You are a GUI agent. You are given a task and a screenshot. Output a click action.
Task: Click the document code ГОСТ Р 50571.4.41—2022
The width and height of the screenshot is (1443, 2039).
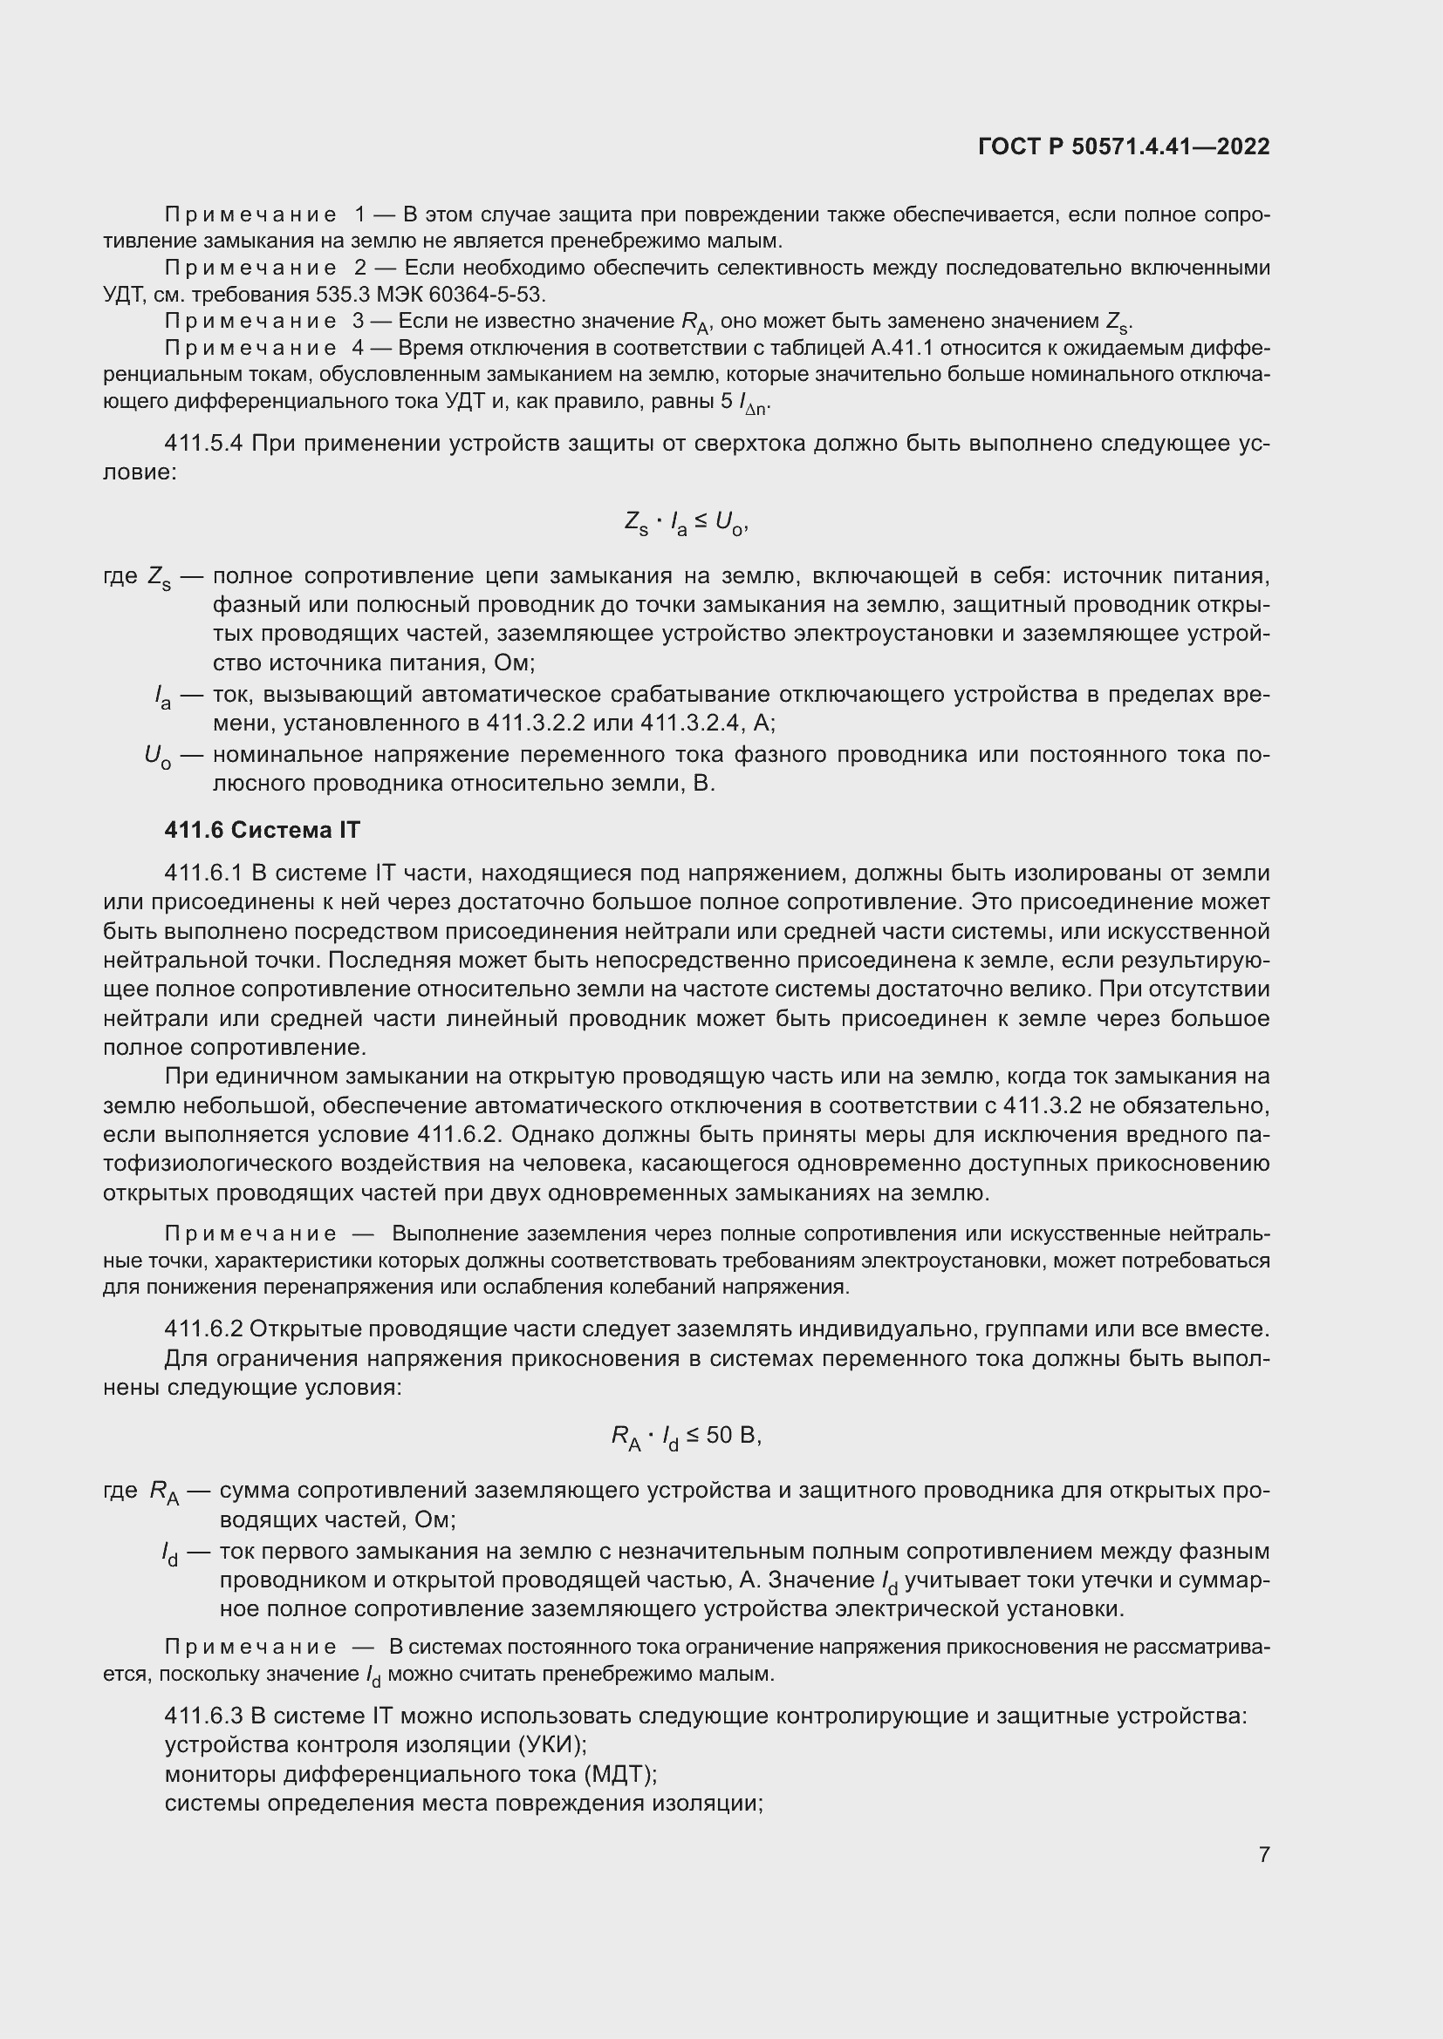click(x=1123, y=146)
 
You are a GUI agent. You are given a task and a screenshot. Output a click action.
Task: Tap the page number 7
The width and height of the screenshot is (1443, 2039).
click(x=1263, y=1854)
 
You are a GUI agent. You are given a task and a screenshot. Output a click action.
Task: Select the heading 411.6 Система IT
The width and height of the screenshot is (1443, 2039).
click(x=262, y=831)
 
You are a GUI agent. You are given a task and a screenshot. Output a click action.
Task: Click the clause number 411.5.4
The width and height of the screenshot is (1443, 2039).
click(x=203, y=443)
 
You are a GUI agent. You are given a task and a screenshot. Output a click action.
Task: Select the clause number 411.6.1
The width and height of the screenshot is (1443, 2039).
click(x=203, y=873)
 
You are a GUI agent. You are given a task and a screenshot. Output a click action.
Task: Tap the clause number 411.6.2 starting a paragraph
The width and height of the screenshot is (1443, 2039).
click(x=203, y=1329)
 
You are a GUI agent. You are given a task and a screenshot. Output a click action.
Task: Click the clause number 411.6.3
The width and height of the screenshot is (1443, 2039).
click(x=203, y=1716)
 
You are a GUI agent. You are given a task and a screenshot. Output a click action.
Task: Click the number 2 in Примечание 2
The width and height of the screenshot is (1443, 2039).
click(x=359, y=268)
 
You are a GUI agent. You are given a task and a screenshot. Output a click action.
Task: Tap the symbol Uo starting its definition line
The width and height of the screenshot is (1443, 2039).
click(x=157, y=757)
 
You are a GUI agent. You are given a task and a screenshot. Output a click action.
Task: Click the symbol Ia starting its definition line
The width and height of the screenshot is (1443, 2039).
click(x=161, y=697)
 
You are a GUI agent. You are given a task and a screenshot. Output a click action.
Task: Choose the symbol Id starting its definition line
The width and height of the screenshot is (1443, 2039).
click(x=169, y=1553)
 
